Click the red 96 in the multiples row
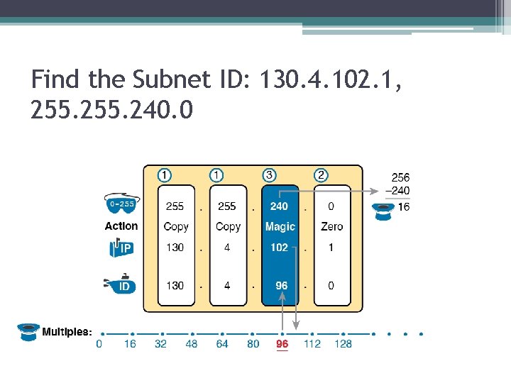pos(282,344)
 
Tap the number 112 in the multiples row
pos(312,344)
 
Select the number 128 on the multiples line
pos(343,344)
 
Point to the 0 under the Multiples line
pos(99,344)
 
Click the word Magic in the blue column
pos(280,227)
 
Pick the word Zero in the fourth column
pos(331,227)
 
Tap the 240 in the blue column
pos(279,206)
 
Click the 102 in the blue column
pos(279,248)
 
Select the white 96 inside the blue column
pos(282,286)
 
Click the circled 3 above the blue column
pos(270,174)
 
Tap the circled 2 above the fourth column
pos(322,174)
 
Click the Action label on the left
pos(121,226)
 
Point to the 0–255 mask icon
pos(121,204)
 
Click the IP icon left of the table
pos(121,248)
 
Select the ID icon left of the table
pos(121,286)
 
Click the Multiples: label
pos(67,331)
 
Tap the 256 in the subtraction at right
pos(400,177)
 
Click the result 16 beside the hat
pos(403,207)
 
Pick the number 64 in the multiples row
pos(222,344)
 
